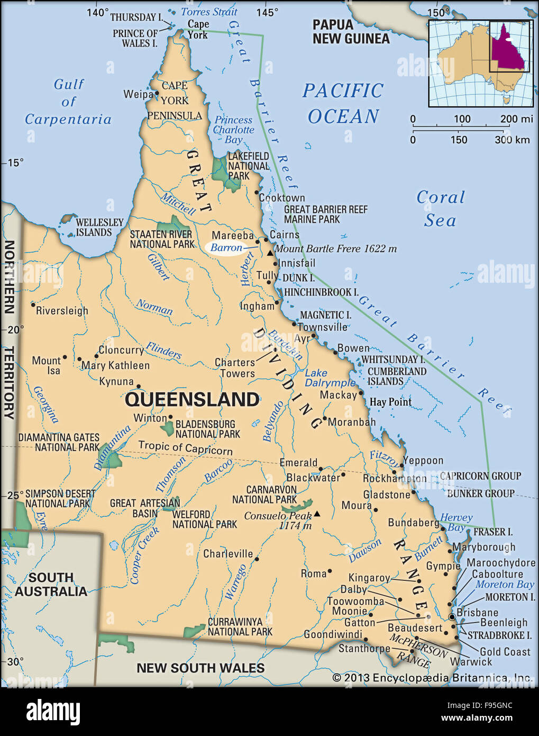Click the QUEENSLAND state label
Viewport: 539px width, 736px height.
[192, 399]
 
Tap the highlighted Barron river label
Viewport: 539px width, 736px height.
[226, 248]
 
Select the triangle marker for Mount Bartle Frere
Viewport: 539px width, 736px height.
[270, 253]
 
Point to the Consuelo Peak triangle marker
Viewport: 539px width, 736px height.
[317, 514]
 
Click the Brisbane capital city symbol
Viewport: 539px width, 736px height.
[452, 617]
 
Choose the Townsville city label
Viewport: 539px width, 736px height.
[322, 327]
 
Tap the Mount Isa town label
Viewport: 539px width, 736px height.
[47, 365]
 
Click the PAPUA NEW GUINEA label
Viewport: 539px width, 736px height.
[351, 31]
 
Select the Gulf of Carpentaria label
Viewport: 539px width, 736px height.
[68, 102]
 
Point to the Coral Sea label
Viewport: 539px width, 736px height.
[440, 209]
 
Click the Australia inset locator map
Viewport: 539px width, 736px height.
[480, 63]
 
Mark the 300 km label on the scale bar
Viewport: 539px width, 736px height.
[511, 140]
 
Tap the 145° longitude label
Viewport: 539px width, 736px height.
[267, 13]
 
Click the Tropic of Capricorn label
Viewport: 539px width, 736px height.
[185, 447]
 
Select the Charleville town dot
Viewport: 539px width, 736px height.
[257, 559]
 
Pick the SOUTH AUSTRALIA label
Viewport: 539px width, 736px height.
[51, 585]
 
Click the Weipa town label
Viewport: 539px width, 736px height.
[138, 94]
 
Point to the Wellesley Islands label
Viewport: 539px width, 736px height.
[99, 227]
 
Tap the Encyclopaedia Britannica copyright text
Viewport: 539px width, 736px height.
[432, 678]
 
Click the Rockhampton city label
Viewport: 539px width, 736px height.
[394, 479]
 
